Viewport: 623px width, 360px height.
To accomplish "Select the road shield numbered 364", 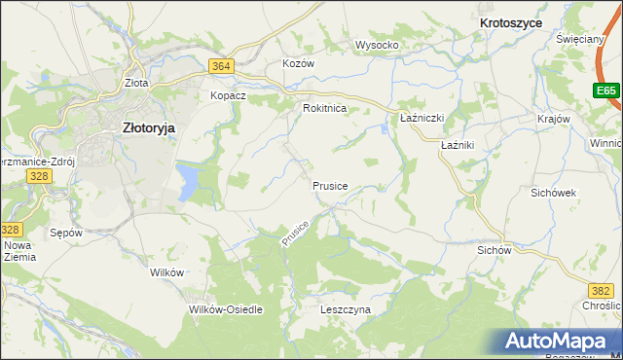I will coord(221,65).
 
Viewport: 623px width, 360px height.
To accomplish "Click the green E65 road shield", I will coord(606,90).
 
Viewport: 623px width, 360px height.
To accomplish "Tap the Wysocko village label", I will coord(378,46).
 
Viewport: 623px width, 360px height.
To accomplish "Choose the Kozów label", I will coord(299,63).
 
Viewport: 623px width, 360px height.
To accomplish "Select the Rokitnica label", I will coord(325,109).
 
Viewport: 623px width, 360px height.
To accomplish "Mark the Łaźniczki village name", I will coord(422,118).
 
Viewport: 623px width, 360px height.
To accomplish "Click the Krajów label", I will coord(553,119).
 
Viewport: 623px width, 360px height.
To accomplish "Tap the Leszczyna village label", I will coord(346,309).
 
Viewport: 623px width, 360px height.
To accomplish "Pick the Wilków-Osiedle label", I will coord(225,309).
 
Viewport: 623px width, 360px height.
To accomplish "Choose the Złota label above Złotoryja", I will coord(136,84).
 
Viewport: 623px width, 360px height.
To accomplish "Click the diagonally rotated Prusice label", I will coord(296,234).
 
